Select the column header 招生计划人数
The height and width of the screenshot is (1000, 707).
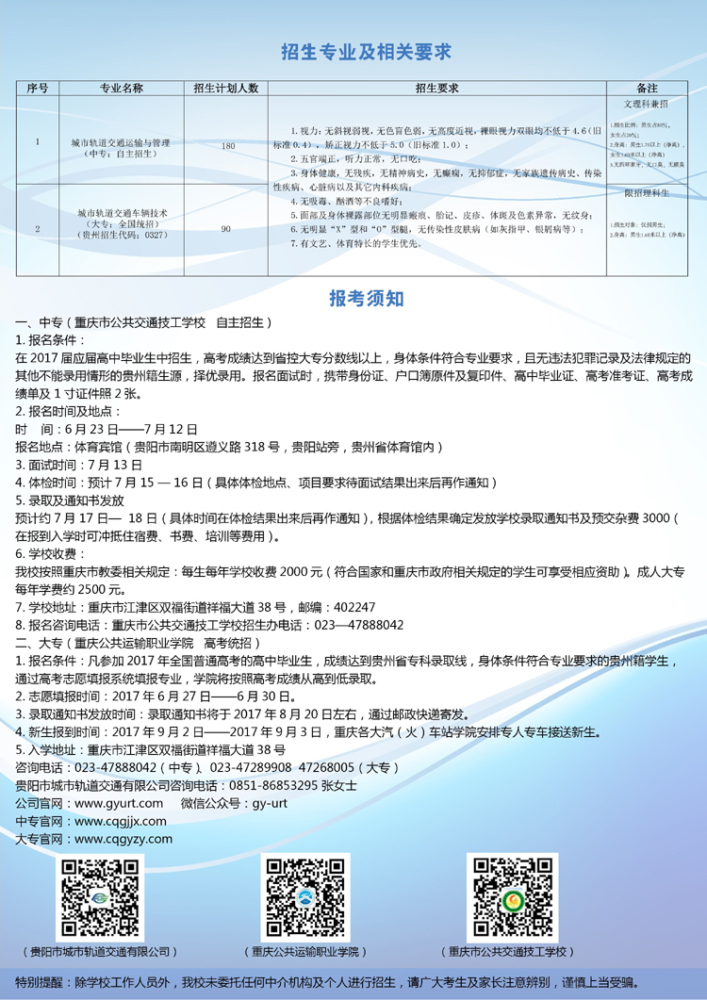[x=226, y=88]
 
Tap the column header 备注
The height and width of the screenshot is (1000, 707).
[x=647, y=88]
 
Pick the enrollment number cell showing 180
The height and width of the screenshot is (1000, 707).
[x=228, y=146]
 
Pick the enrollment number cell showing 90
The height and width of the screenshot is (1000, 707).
[x=226, y=229]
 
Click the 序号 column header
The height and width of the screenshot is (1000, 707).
[x=38, y=88]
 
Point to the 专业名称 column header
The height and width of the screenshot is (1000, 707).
[x=121, y=88]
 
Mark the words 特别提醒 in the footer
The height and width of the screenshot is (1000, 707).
[x=41, y=981]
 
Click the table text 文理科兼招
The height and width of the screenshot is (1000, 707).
[x=647, y=103]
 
